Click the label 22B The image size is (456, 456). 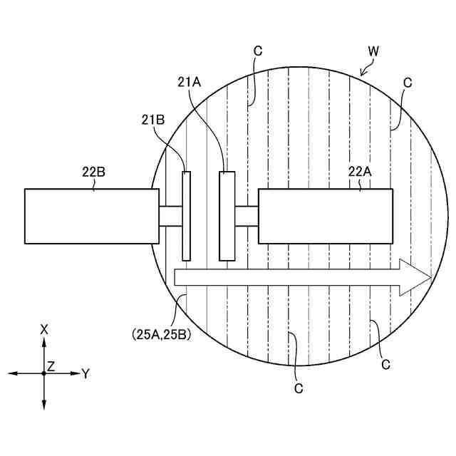[93, 171]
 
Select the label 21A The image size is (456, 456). [190, 82]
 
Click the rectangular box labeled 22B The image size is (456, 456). [92, 216]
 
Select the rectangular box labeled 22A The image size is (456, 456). [325, 216]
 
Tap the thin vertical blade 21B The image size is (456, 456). [187, 216]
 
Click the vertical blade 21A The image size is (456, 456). [227, 216]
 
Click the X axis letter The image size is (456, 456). [44, 328]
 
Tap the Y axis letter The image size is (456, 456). [85, 373]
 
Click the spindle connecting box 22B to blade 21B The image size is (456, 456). [170, 216]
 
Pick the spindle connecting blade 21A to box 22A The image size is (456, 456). [247, 216]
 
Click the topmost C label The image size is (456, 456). [258, 51]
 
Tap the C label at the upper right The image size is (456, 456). [408, 83]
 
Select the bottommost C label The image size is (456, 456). [299, 389]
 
